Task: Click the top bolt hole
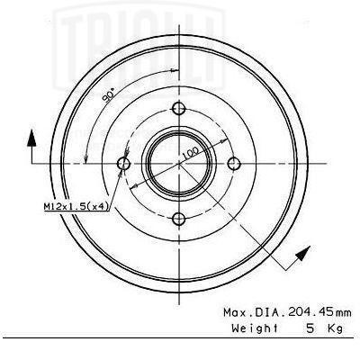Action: click(x=179, y=108)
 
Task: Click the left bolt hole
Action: click(x=123, y=164)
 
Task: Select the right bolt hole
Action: click(x=234, y=164)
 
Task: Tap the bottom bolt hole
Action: click(x=179, y=219)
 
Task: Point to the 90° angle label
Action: click(x=109, y=95)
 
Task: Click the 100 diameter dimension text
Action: click(x=190, y=153)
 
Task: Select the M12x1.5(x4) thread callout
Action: click(x=76, y=206)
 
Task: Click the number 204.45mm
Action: click(x=319, y=312)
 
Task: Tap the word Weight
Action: click(x=255, y=328)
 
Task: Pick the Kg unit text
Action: click(x=335, y=328)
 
